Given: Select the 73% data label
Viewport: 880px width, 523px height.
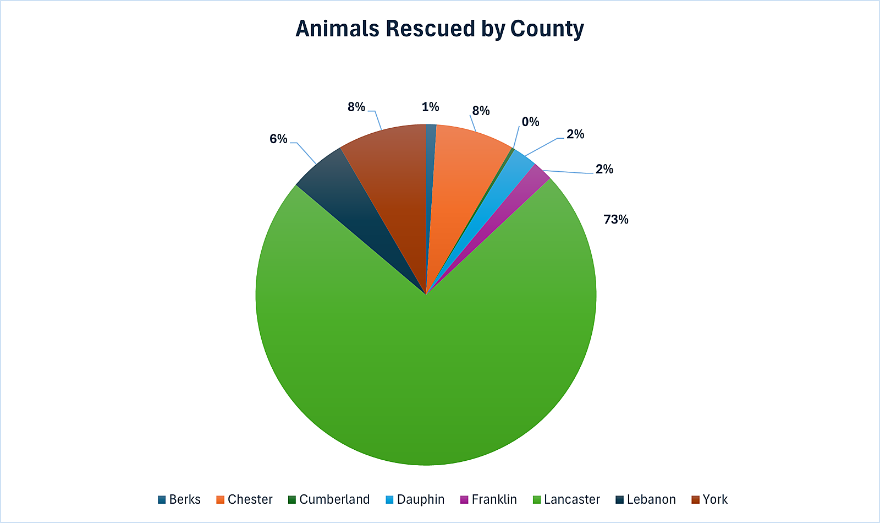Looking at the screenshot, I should (x=615, y=220).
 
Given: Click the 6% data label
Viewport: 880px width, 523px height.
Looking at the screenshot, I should (x=278, y=139).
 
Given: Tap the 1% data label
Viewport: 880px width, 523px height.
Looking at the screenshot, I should (x=430, y=107).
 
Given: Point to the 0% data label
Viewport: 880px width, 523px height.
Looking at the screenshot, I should (x=530, y=122).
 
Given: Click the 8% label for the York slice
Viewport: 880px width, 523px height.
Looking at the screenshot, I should (x=356, y=107).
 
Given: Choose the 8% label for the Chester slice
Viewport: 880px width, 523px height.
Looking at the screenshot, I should (x=481, y=111).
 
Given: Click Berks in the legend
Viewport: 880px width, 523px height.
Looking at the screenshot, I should (x=184, y=499).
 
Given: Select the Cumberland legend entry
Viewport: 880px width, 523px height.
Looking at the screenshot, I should (x=334, y=499).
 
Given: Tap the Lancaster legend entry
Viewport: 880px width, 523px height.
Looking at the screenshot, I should (x=571, y=499).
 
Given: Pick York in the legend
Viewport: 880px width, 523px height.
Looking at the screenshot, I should (x=714, y=499).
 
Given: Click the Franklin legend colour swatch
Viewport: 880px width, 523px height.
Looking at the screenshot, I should (x=464, y=500).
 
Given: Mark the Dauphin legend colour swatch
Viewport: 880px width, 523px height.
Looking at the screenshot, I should (x=389, y=500).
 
